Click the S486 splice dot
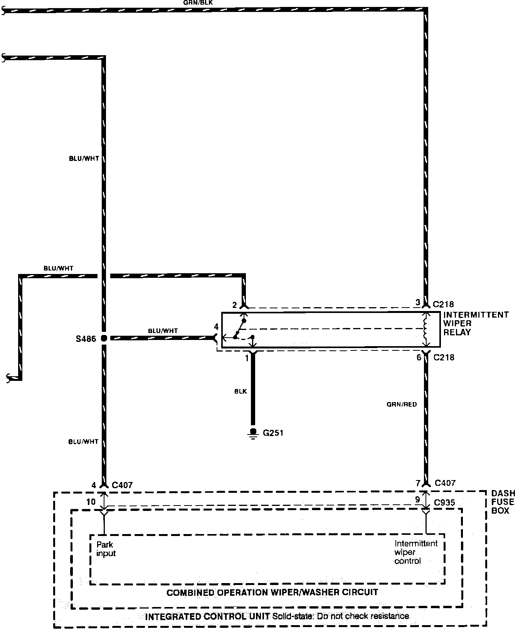click(x=104, y=338)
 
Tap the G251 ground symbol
click(x=253, y=434)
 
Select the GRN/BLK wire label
click(x=197, y=2)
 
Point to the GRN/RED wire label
click(x=402, y=404)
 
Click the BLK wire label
click(x=240, y=391)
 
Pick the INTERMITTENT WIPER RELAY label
click(x=476, y=323)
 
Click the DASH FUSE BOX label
click(x=503, y=502)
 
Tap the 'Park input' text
click(x=106, y=549)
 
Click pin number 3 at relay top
click(x=417, y=303)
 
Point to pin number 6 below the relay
click(x=419, y=358)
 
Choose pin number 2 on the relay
click(x=234, y=305)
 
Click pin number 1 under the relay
click(x=247, y=358)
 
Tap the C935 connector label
click(x=444, y=503)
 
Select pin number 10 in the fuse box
click(x=91, y=502)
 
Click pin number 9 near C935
click(x=417, y=499)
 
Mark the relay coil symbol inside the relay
click(x=426, y=329)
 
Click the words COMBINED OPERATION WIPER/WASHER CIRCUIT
click(x=272, y=592)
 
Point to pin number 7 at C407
click(x=418, y=483)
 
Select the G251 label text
click(x=273, y=433)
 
